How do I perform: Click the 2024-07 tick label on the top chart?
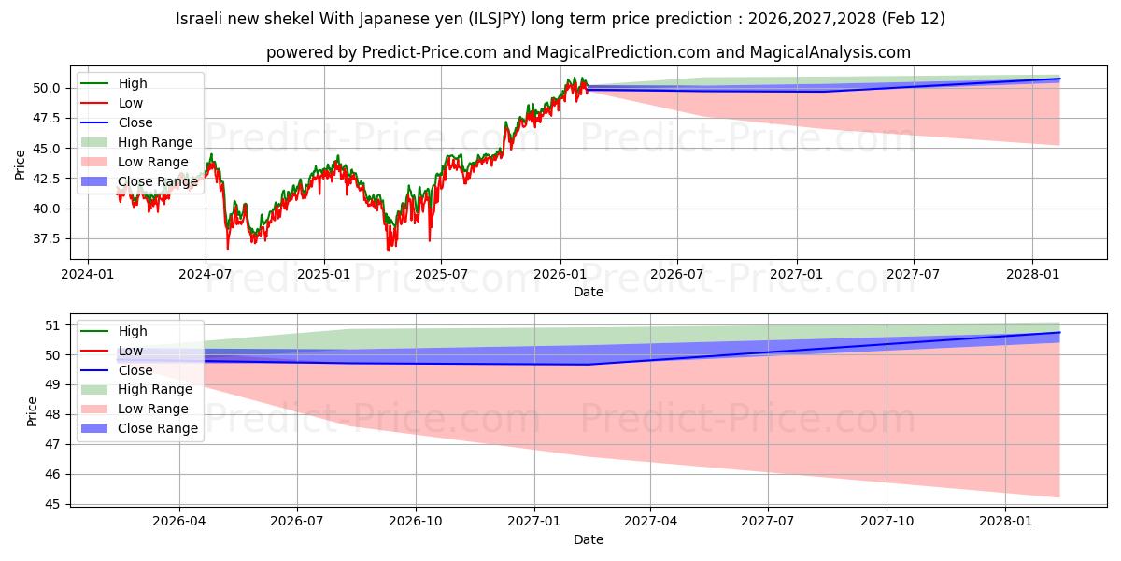205,274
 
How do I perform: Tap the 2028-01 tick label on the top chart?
1032,274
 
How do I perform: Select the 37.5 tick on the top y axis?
45,238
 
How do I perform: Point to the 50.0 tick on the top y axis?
45,88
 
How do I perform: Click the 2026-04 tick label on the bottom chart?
179,522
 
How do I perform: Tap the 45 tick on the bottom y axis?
52,504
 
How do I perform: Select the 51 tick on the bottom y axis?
52,325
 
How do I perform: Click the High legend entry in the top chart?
133,83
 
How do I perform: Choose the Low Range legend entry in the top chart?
152,162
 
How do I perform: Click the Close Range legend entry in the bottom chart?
158,428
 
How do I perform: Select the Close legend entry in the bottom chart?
135,370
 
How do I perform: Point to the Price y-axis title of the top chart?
20,164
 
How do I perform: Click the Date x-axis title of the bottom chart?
589,539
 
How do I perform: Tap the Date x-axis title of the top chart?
589,292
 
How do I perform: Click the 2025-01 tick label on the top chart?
323,274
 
